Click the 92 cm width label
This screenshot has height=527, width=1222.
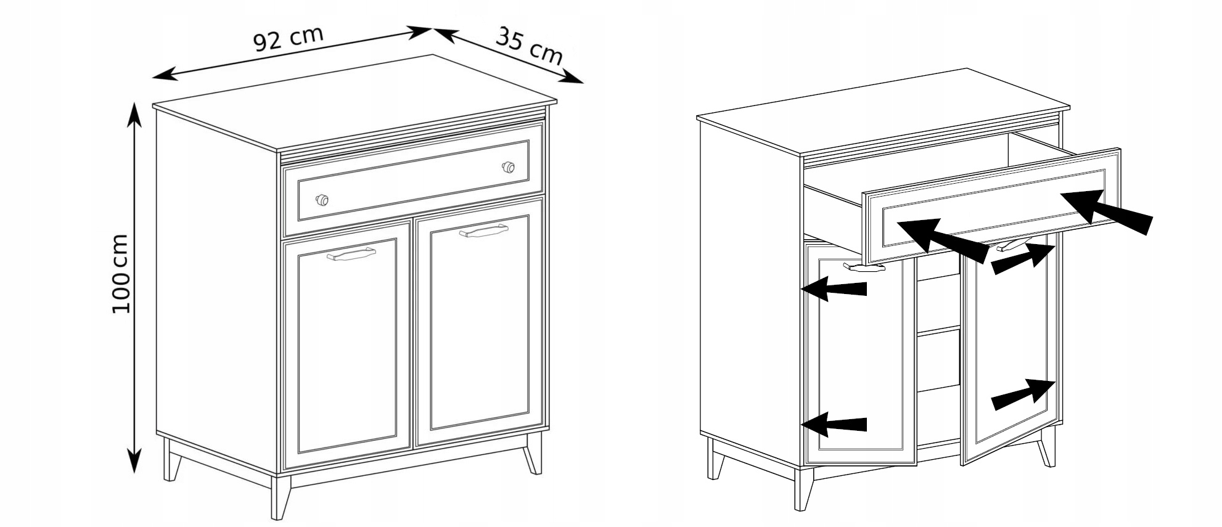click(x=288, y=38)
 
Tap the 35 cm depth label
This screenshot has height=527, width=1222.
click(x=530, y=46)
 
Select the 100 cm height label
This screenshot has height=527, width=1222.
click(x=121, y=274)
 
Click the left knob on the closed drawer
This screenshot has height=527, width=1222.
click(x=321, y=200)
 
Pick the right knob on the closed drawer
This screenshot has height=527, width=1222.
click(x=508, y=167)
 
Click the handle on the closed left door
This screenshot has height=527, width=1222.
click(x=351, y=254)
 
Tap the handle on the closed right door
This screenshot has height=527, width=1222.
click(x=484, y=231)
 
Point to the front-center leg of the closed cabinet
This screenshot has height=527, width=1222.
click(x=281, y=496)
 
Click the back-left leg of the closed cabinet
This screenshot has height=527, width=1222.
click(x=172, y=459)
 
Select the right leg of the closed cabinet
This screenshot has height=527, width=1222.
click(x=533, y=453)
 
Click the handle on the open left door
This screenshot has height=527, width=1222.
click(x=864, y=267)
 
